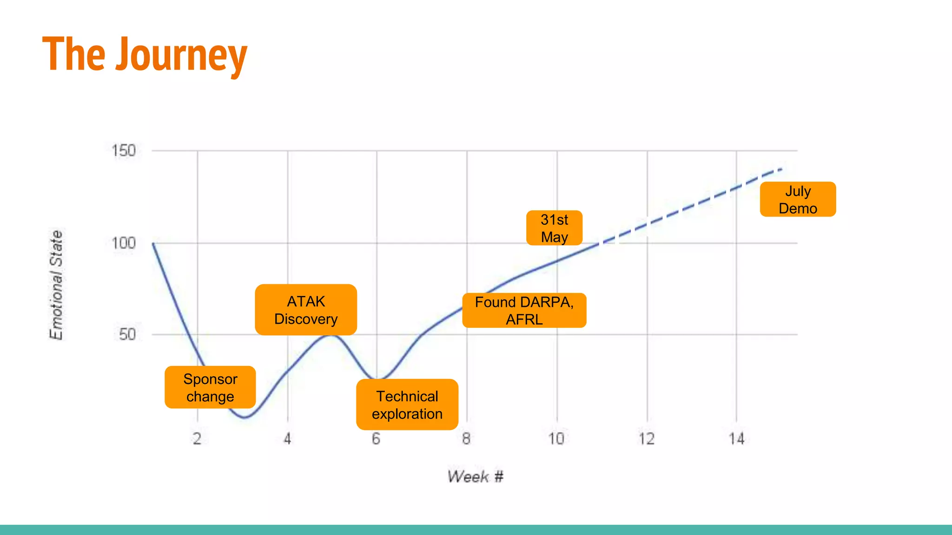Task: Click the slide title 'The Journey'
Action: click(x=145, y=55)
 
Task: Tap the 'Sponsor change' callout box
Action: click(x=210, y=387)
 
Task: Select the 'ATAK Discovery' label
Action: click(x=306, y=310)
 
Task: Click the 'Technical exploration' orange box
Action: click(x=407, y=405)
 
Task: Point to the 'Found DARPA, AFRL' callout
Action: click(x=524, y=310)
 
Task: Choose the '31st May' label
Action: click(x=554, y=228)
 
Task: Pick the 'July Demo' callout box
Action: click(x=798, y=199)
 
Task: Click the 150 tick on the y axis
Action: click(x=124, y=150)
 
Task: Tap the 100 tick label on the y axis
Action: click(x=124, y=243)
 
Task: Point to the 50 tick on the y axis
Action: click(x=127, y=334)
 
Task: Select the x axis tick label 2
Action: click(x=197, y=438)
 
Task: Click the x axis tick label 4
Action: click(x=287, y=438)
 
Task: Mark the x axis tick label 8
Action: click(x=466, y=438)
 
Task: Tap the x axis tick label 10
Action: click(x=556, y=438)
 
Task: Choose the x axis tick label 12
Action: click(x=646, y=438)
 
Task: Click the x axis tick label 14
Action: click(x=736, y=438)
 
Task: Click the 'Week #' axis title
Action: click(x=475, y=476)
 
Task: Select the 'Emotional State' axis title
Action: click(x=56, y=285)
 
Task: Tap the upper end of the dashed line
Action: click(x=781, y=170)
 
